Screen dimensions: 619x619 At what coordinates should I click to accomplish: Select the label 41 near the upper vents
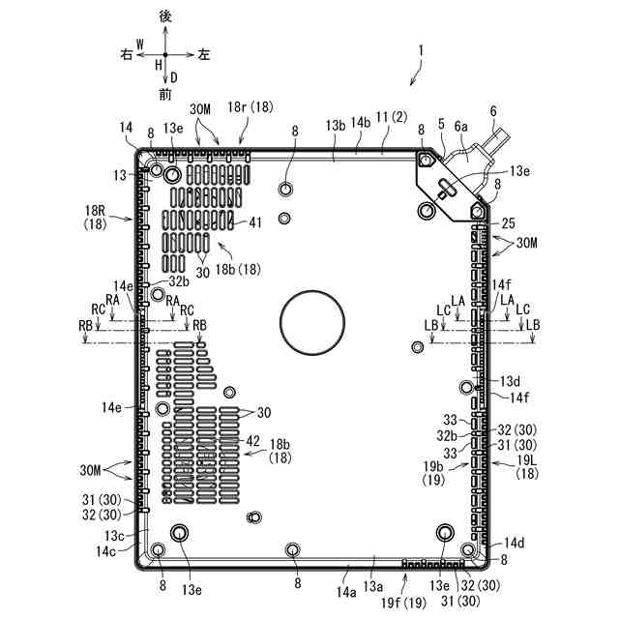point(253,222)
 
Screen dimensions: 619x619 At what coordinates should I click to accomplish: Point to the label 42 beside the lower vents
point(253,441)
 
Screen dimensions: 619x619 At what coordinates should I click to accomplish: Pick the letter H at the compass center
point(157,64)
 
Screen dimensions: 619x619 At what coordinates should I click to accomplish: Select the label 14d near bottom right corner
point(513,543)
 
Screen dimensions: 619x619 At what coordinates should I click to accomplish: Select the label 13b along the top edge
point(336,126)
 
